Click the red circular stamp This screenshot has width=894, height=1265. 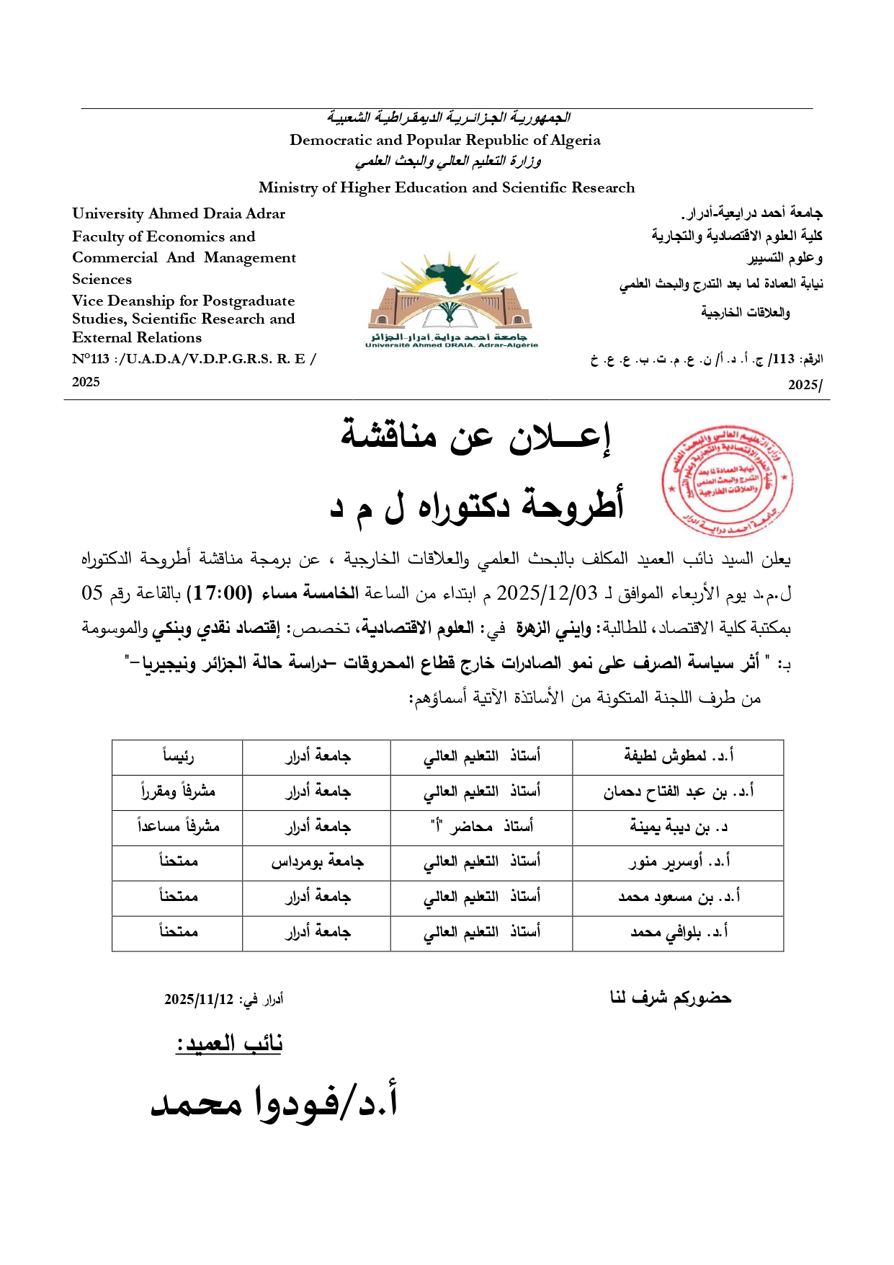pos(727,481)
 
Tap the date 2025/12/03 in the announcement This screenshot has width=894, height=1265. pos(547,593)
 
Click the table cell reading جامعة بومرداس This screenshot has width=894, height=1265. pos(317,862)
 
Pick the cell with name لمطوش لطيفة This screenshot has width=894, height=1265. pos(678,756)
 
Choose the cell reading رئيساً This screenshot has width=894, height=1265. pos(177,756)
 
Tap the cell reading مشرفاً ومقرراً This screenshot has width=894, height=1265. pos(177,791)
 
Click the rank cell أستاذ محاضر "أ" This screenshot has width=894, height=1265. pos(481,827)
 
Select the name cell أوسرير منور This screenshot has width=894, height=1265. pos(678,862)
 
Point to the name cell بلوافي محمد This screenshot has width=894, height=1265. pos(678,933)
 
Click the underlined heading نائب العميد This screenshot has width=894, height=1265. pos(229,1043)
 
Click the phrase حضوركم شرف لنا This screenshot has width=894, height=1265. pos(670,998)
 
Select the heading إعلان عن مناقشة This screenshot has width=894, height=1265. pos(476,438)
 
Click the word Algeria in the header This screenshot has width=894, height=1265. pos(575,140)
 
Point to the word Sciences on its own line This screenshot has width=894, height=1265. pos(102,279)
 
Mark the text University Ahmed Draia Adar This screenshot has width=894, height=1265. pos(179,213)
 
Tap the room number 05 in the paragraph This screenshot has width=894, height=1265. pos(93,593)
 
